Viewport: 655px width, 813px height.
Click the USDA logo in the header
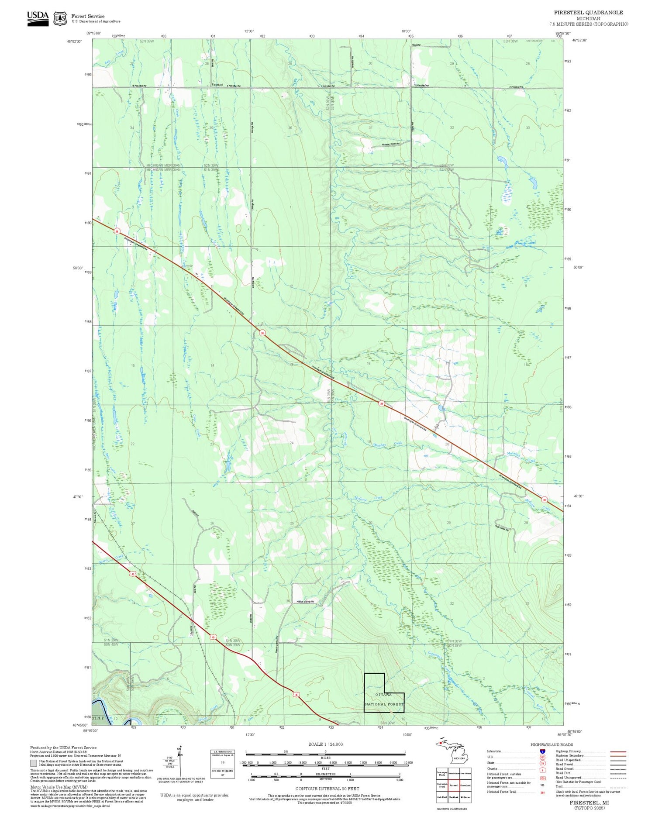38,18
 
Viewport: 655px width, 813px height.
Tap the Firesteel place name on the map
217,85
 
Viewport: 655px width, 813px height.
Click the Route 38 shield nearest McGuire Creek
544,500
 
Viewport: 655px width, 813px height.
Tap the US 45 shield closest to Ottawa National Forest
296,695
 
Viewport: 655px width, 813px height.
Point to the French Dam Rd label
306,601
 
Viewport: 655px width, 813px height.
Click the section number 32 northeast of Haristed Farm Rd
452,128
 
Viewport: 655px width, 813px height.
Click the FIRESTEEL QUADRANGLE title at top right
588,13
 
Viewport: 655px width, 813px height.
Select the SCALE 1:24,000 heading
325,744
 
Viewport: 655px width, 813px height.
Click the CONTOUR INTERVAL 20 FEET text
327,789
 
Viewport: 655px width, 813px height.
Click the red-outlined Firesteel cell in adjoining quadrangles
454,785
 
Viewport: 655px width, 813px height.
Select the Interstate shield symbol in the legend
542,751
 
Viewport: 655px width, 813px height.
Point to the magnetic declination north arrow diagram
179,762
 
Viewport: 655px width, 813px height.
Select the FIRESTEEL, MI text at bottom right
589,803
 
